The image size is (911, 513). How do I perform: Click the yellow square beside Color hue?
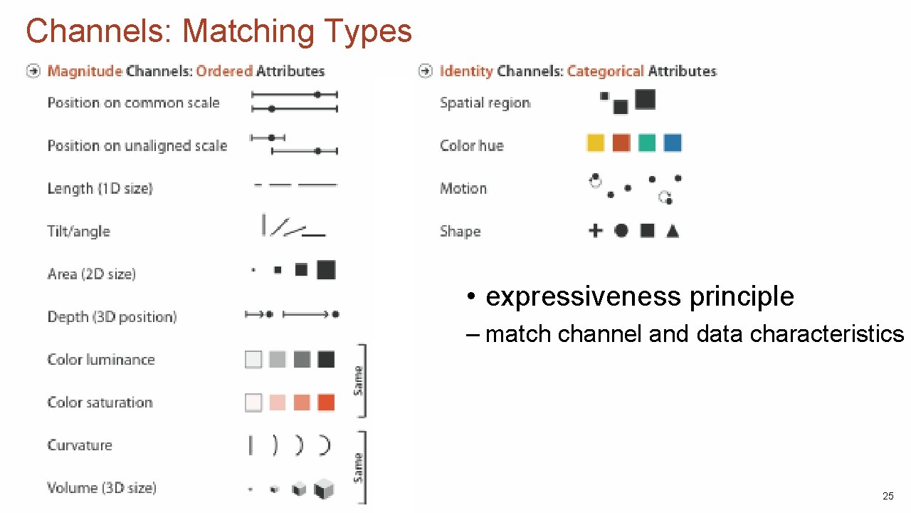pos(596,143)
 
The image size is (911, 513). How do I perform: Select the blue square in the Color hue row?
pos(673,143)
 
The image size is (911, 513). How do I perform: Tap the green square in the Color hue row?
pos(647,143)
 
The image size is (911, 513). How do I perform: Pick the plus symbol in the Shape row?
pos(596,230)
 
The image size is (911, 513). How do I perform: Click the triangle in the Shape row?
pos(673,231)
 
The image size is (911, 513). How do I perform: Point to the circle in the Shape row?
pos(621,230)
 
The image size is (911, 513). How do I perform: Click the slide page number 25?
pos(888,496)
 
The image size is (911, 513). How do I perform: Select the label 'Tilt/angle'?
pos(79,231)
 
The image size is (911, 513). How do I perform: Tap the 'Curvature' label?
pos(80,445)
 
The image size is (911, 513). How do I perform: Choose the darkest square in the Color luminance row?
pos(326,359)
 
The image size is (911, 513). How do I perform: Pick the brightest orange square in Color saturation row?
pos(326,403)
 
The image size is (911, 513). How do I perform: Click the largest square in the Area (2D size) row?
pos(326,270)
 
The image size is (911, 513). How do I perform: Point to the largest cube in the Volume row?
pos(325,489)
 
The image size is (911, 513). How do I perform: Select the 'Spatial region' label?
pos(485,103)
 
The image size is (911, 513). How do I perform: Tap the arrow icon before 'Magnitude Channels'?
pos(33,71)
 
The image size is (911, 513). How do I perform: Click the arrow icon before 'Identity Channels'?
pos(426,71)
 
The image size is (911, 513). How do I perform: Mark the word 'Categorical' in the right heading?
pos(605,71)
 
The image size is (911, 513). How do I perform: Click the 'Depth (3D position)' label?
pos(112,316)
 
